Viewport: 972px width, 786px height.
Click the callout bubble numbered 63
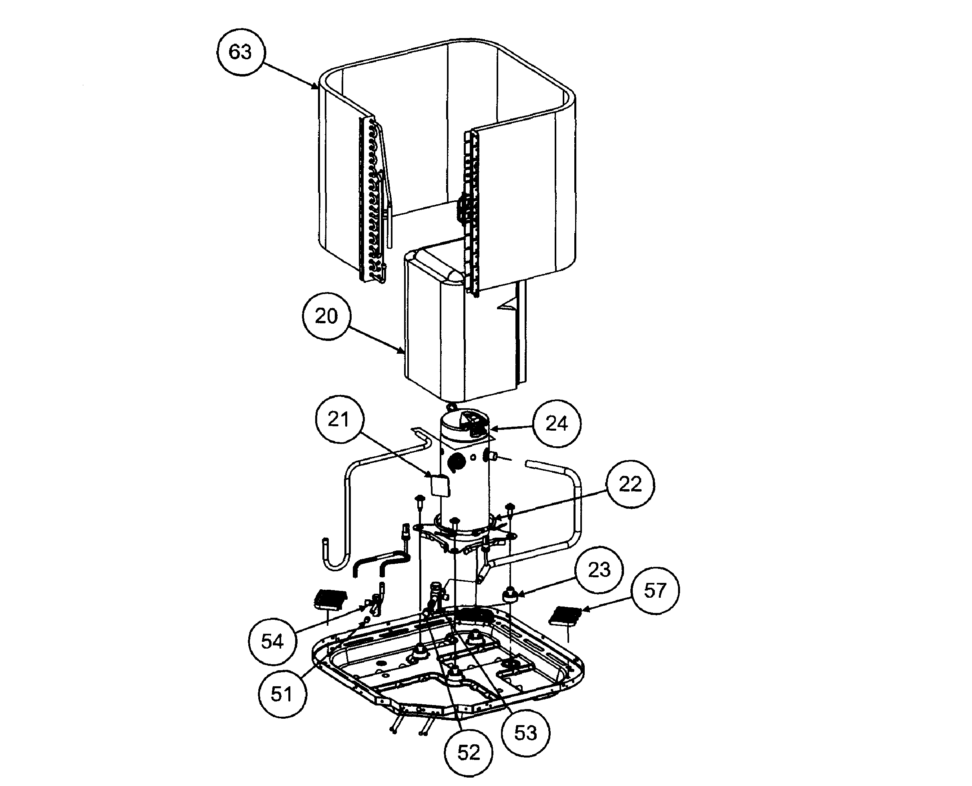pyautogui.click(x=240, y=52)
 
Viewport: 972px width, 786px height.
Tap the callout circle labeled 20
pyautogui.click(x=326, y=316)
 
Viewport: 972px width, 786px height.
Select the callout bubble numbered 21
pyautogui.click(x=339, y=420)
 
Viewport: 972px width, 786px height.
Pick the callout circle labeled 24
pyautogui.click(x=557, y=424)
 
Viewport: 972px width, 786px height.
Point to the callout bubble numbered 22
pyautogui.click(x=630, y=484)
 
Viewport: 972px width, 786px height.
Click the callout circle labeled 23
pyautogui.click(x=599, y=570)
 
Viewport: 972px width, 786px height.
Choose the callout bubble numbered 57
pyautogui.click(x=655, y=591)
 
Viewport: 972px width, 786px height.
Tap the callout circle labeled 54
pyautogui.click(x=272, y=641)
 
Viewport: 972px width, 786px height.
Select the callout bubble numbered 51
pyautogui.click(x=282, y=694)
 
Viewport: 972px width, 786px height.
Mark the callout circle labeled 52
pyautogui.click(x=468, y=753)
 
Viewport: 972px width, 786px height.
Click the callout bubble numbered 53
pyautogui.click(x=525, y=733)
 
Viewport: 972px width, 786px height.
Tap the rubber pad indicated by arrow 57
pyautogui.click(x=565, y=616)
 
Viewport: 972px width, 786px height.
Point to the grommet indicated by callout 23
pyautogui.click(x=511, y=595)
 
